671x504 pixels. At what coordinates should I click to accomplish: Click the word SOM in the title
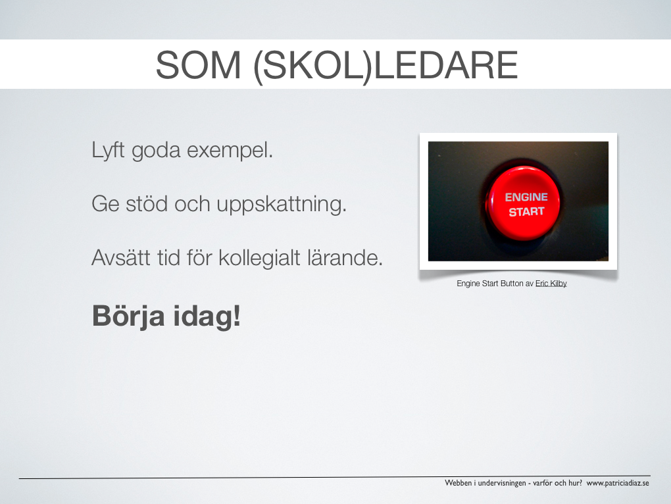(x=198, y=65)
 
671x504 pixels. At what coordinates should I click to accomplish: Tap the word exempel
(x=230, y=151)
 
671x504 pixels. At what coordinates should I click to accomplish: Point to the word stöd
(x=147, y=203)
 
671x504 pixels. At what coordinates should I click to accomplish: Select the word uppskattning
(x=282, y=205)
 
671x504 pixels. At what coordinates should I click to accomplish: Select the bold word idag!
(x=207, y=316)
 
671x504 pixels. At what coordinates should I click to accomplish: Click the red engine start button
(x=523, y=203)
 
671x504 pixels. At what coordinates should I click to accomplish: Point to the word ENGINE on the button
(x=526, y=197)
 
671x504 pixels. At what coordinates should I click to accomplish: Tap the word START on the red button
(x=526, y=211)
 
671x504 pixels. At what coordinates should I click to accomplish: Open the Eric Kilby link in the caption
(x=551, y=283)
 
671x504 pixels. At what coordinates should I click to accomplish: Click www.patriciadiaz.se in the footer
(x=618, y=483)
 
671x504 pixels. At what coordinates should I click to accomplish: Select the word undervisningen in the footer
(x=502, y=483)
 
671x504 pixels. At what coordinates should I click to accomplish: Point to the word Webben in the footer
(x=459, y=483)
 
